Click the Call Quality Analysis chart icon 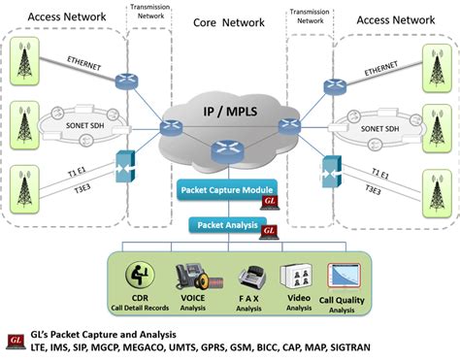(x=345, y=278)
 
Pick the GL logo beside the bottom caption (x=15, y=339)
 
